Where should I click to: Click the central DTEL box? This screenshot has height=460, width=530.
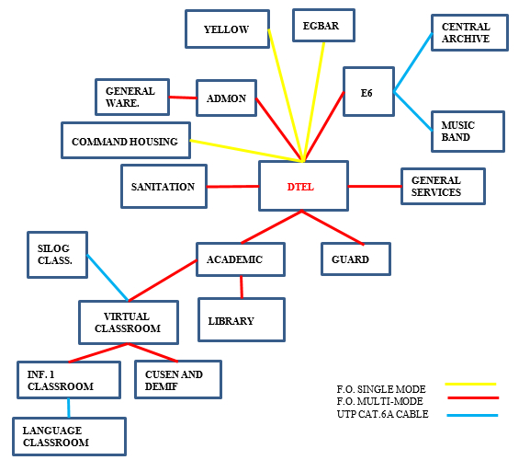pos(303,186)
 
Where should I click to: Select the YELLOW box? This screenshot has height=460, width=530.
pos(227,29)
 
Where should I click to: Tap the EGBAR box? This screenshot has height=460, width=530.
pos(323,26)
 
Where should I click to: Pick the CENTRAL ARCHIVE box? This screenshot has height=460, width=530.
pos(469,32)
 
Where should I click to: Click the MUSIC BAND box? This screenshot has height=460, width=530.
pos(468,132)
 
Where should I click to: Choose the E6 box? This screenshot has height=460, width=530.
pos(368,91)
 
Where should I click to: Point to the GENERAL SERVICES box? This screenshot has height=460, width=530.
pos(443,186)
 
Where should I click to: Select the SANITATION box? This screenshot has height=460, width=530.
pos(164,186)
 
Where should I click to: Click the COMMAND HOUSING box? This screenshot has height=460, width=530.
pos(126,140)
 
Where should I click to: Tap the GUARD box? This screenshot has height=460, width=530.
pos(355,259)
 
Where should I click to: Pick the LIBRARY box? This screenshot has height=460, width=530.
pos(242,319)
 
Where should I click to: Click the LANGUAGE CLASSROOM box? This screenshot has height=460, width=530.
pos(69,436)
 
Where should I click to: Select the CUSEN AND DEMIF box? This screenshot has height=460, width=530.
pos(178,379)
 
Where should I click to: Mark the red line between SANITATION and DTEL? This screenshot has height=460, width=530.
pos(233,187)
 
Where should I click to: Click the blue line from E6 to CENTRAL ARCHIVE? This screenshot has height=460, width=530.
pos(413,62)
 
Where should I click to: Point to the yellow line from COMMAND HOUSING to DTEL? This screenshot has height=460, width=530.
pos(247,151)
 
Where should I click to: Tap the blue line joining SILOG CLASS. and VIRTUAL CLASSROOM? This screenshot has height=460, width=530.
pos(107,278)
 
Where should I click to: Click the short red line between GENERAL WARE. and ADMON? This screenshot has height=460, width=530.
pos(183,98)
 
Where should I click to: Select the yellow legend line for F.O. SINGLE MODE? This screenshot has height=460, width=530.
pos(470,385)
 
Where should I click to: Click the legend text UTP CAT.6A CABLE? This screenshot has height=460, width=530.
pos(383,414)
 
